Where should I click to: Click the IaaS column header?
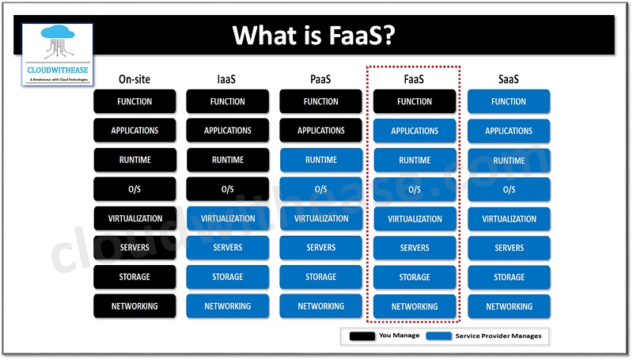coord(228,78)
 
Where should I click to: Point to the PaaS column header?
coord(321,78)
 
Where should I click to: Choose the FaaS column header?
coord(414,78)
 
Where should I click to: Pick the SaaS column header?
coord(508,78)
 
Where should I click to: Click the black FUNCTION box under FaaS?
coord(414,101)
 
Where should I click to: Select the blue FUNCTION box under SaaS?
coord(508,101)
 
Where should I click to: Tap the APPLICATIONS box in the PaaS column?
coord(321,131)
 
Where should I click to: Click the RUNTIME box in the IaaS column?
coord(228,160)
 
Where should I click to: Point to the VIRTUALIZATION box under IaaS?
coord(228,218)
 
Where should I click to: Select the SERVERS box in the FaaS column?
coord(414,248)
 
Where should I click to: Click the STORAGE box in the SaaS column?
coord(508,277)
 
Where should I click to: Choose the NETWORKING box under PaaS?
coord(321,306)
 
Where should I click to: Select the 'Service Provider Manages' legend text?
coord(498,336)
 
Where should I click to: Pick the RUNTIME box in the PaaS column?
coord(321,160)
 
